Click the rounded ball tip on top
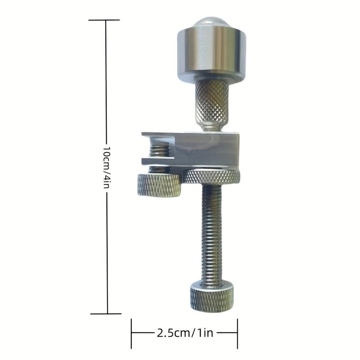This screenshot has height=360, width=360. [211, 22]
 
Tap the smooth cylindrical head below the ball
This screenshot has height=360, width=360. [211, 53]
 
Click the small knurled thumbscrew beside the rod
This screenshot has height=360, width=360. [159, 185]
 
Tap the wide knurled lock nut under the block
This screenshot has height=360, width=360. [211, 177]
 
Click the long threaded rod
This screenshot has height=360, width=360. [211, 234]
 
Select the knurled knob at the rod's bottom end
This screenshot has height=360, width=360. [211, 297]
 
